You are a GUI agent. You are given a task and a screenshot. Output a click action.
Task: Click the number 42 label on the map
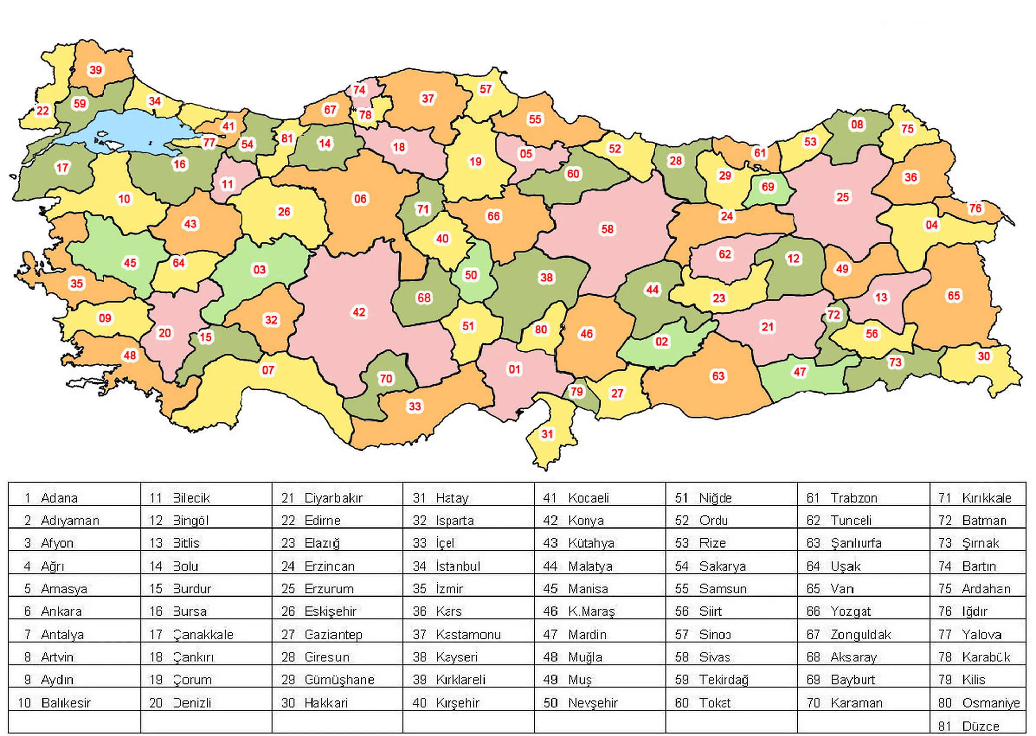pyautogui.click(x=359, y=312)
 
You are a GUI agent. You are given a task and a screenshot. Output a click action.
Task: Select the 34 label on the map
pyautogui.click(x=155, y=101)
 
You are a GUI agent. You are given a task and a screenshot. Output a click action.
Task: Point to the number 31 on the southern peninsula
pyautogui.click(x=547, y=434)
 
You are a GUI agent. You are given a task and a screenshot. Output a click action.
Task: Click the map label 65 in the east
pyautogui.click(x=953, y=296)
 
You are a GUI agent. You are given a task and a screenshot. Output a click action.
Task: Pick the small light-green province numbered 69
pyautogui.click(x=768, y=187)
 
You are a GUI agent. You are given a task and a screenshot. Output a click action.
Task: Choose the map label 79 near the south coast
pyautogui.click(x=576, y=391)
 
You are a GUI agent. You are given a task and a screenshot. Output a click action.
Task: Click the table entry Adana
pyautogui.click(x=59, y=498)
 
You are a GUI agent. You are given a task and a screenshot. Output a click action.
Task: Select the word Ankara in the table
pyautogui.click(x=61, y=611)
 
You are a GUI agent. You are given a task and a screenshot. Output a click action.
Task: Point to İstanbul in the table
pyautogui.click(x=458, y=566)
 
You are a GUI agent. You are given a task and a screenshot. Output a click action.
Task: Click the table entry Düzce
pyautogui.click(x=980, y=726)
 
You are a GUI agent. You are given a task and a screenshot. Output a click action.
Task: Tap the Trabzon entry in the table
pyautogui.click(x=853, y=498)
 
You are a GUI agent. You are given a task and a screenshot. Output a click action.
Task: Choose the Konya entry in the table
pyautogui.click(x=585, y=521)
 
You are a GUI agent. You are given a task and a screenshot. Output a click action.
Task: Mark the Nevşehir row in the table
pyautogui.click(x=593, y=703)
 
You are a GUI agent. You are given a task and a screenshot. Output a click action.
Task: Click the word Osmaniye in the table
pyautogui.click(x=991, y=703)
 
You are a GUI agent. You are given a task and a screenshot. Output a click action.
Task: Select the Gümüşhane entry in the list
pyautogui.click(x=339, y=680)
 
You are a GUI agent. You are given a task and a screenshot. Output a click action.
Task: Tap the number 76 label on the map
pyautogui.click(x=975, y=209)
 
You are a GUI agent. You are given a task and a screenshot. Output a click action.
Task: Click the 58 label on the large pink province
pyautogui.click(x=607, y=229)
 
